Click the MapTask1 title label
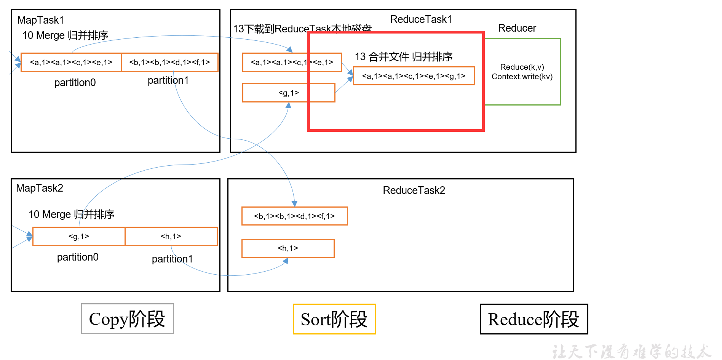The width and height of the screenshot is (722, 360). tap(41, 20)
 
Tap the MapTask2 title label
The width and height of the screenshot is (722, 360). tap(40, 188)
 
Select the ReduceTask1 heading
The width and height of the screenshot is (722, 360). tap(421, 19)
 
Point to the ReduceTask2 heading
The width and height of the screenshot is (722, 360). tap(414, 190)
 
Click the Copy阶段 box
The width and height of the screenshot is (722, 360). tap(127, 319)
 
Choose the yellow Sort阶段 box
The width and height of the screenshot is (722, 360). tap(334, 319)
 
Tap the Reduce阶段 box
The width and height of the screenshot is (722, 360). tap(534, 319)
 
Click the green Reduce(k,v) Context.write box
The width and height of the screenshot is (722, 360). tap(522, 72)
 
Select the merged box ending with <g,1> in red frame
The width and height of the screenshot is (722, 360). tap(414, 76)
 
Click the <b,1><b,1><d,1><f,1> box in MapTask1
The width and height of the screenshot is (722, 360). tap(169, 62)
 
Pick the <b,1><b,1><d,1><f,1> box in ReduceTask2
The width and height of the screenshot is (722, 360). tap(294, 216)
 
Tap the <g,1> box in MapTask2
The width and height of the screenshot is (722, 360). tap(79, 237)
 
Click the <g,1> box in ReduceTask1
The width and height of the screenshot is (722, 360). tap(289, 93)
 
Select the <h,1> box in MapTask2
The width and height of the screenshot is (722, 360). tap(171, 237)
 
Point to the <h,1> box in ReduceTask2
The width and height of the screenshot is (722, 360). tap(288, 248)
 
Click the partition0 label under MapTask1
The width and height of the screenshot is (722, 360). tap(75, 83)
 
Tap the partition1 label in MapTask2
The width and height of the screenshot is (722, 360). tap(172, 259)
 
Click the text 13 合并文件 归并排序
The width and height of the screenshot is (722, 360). tap(404, 57)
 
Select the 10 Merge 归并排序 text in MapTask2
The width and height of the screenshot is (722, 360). tap(72, 214)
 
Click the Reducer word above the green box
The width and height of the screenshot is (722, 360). tap(517, 28)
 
